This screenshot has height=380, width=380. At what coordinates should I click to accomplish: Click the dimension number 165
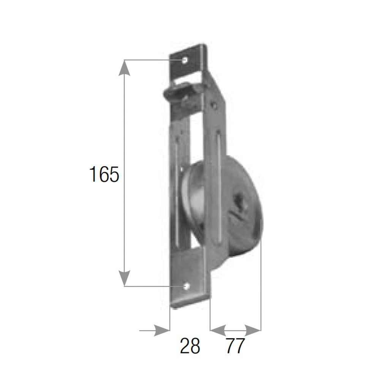click(x=104, y=174)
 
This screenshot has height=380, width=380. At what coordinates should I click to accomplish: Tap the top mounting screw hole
click(x=185, y=60)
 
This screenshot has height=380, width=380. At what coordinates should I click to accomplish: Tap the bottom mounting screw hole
click(x=186, y=286)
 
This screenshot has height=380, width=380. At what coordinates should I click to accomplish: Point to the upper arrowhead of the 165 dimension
click(x=125, y=68)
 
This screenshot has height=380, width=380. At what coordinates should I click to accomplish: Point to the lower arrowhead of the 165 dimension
click(x=124, y=278)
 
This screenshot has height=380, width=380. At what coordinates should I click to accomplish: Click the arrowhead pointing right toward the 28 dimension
click(x=161, y=330)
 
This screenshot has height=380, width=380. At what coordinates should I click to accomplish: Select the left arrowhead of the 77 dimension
click(x=218, y=330)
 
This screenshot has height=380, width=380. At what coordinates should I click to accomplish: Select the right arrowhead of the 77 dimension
click(x=253, y=330)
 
